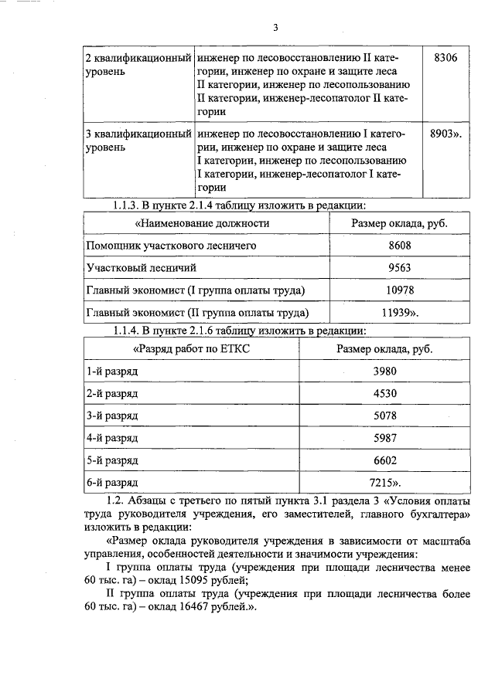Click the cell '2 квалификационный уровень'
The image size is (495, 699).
click(137, 64)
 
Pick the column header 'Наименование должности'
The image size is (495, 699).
click(203, 223)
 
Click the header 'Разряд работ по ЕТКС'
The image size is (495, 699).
click(193, 348)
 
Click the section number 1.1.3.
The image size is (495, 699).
click(125, 205)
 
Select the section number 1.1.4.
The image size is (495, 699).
click(125, 331)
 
